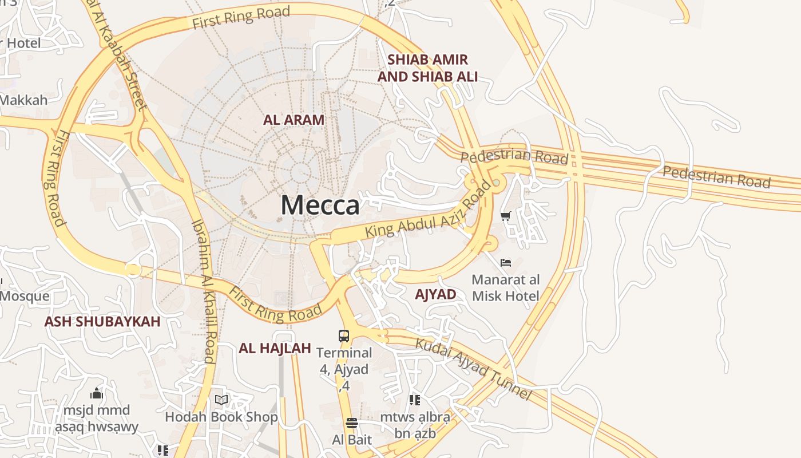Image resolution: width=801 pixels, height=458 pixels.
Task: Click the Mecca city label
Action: point(320,206)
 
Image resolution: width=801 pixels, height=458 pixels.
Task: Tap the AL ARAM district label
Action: point(294,120)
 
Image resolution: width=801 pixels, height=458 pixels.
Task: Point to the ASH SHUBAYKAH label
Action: point(102,322)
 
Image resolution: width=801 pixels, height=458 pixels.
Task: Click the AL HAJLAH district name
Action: point(275,348)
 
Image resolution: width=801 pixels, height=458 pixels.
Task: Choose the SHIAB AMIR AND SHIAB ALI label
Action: point(427,68)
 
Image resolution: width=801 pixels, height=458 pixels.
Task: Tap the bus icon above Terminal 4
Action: point(343,336)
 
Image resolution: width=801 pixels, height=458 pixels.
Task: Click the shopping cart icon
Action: point(505,216)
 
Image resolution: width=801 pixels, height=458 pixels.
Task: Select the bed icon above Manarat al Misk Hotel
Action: point(505,263)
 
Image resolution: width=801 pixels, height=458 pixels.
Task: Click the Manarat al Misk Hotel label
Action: point(505,288)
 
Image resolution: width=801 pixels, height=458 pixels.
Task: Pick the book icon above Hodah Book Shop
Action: point(221,400)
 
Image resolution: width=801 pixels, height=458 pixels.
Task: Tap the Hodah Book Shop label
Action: point(221,417)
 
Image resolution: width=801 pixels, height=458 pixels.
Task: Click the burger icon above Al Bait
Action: point(351,423)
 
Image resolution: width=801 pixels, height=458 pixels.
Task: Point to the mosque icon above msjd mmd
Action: point(97,394)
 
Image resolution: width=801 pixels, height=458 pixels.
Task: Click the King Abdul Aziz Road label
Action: point(428,211)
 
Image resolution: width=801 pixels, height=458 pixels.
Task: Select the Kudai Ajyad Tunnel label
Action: point(473,369)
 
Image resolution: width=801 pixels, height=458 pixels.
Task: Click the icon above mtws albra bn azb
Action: point(415,400)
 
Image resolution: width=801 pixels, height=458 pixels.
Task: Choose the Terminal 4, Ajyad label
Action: point(344,361)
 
